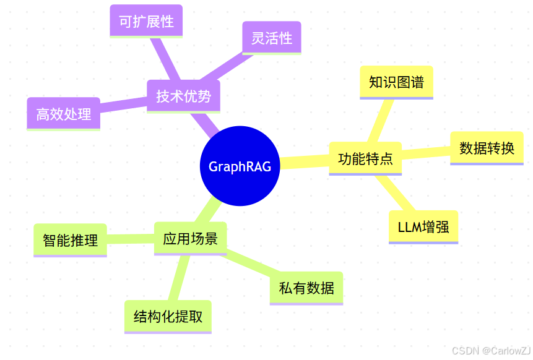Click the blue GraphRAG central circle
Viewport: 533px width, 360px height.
[240, 166]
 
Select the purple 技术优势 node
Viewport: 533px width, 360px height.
[183, 96]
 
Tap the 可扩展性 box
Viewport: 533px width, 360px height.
[146, 21]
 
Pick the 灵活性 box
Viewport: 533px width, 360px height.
[271, 38]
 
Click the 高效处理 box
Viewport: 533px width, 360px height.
[63, 114]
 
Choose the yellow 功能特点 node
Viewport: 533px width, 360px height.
[365, 158]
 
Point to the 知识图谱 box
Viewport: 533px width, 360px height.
[396, 82]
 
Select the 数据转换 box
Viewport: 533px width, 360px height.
[487, 148]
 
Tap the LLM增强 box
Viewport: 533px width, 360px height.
[423, 227]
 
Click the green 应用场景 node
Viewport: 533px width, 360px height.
[190, 238]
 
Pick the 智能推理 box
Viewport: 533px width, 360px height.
[70, 240]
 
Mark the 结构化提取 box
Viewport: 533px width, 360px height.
[168, 317]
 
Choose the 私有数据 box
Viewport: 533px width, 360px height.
[306, 288]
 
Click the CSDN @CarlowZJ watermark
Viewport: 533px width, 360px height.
[492, 351]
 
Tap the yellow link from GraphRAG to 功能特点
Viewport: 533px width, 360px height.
[304, 163]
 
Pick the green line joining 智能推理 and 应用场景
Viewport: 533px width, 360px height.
[130, 239]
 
